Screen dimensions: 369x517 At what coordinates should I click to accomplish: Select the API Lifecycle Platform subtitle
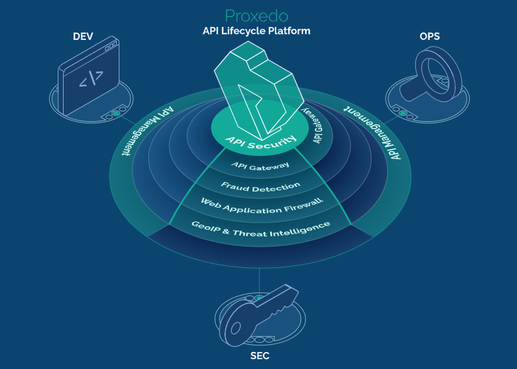point(257,31)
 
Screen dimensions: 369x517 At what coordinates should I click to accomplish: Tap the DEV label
point(83,36)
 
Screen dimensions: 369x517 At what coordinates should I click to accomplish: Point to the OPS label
point(430,36)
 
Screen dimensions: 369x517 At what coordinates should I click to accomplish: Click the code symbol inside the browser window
point(91,79)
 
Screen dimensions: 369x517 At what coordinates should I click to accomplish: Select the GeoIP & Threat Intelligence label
point(260,225)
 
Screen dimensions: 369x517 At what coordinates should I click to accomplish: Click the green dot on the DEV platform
point(115,114)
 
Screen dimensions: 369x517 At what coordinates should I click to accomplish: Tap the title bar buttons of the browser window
point(111,45)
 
